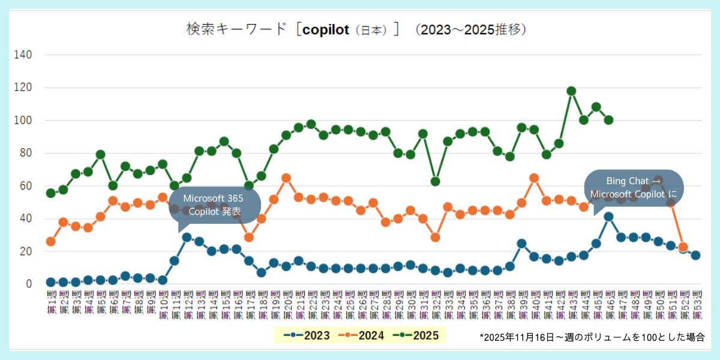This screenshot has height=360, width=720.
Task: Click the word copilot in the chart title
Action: [326, 29]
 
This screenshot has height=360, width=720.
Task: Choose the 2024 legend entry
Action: [362, 335]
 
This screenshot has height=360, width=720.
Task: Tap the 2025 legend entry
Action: [416, 335]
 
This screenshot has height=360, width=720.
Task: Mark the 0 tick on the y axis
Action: [28, 284]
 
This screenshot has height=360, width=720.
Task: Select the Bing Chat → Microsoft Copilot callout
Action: [633, 187]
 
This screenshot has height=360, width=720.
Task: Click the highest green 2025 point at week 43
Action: [571, 91]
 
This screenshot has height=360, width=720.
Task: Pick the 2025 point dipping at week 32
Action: [435, 181]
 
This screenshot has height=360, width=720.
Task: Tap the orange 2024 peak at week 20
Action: [286, 178]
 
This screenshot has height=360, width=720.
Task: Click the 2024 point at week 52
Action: [683, 247]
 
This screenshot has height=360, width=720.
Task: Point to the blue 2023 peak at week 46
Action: [608, 217]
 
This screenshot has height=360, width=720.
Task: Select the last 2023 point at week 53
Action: [695, 255]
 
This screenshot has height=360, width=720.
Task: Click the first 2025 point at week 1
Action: [51, 193]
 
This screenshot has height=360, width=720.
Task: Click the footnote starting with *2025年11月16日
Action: [592, 337]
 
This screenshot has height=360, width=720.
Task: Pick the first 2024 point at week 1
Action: [51, 241]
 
